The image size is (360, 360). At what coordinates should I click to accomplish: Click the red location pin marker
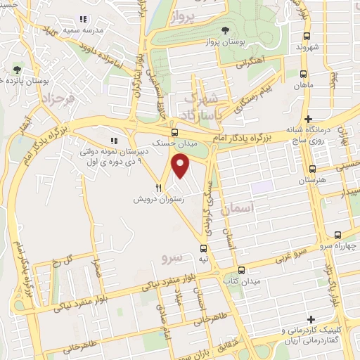pyautogui.click(x=181, y=166)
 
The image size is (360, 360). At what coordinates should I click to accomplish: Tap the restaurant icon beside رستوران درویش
pyautogui.click(x=159, y=188)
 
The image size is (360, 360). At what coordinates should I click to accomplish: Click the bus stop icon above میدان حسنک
pyautogui.click(x=175, y=131)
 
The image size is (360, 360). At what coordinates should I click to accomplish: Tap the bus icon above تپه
pyautogui.click(x=204, y=248)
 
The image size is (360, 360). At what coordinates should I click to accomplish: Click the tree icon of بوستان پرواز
pyautogui.click(x=225, y=30)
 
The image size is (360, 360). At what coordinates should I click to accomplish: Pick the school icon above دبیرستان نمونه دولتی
pyautogui.click(x=114, y=140)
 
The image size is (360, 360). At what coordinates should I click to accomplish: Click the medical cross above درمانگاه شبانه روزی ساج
pyautogui.click(x=308, y=117)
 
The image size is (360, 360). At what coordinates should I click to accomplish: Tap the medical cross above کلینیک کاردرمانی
pyautogui.click(x=310, y=319)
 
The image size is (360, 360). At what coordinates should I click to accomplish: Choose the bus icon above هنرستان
pyautogui.click(x=313, y=169)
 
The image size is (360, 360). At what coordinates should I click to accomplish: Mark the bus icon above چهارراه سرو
pyautogui.click(x=338, y=236)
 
